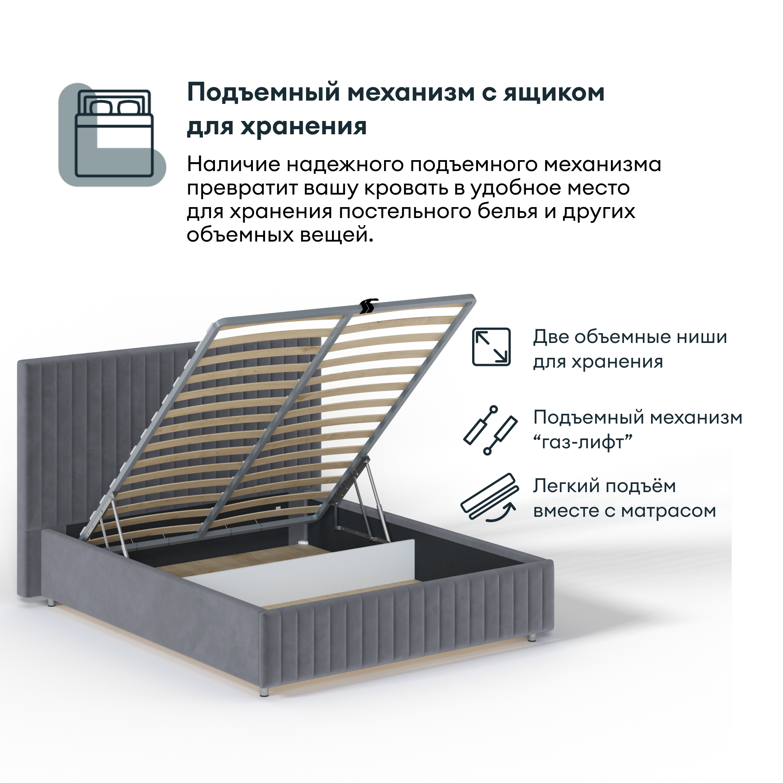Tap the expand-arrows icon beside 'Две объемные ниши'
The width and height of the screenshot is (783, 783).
(491, 347)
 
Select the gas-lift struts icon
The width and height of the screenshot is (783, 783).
(491, 430)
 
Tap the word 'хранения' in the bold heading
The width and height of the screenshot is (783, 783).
(303, 126)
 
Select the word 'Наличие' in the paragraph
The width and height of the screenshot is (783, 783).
(233, 164)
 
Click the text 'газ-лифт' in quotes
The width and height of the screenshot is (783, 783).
(583, 442)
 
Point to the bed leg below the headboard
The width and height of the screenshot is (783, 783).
(51, 603)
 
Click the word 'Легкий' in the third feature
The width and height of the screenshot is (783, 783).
(561, 486)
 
